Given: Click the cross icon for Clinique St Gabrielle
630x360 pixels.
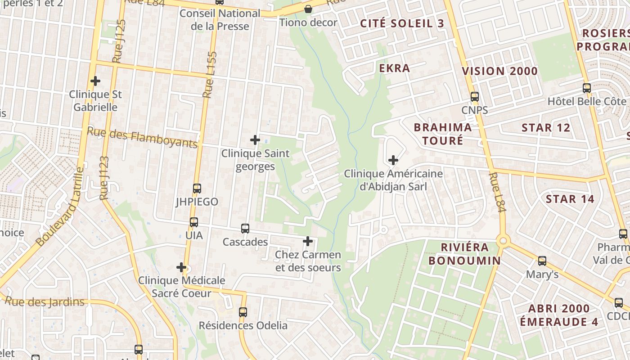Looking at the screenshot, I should [x=95, y=81].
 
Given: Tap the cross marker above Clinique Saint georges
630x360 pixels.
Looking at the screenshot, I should [x=255, y=140].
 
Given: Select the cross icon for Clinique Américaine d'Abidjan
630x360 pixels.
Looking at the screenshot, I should [x=393, y=160].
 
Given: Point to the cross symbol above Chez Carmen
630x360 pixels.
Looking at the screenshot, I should [x=308, y=241].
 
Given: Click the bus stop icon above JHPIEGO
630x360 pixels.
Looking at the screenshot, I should [x=197, y=188].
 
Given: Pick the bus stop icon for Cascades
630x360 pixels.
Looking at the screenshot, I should [x=245, y=228].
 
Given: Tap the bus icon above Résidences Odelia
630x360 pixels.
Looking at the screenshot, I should [x=243, y=312].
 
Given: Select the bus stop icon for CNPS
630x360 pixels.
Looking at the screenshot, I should [x=474, y=96].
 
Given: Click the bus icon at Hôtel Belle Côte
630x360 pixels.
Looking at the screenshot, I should [x=586, y=88].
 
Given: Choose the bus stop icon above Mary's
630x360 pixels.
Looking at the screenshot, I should [x=542, y=261].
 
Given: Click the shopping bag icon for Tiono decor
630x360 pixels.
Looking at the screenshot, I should [x=308, y=9].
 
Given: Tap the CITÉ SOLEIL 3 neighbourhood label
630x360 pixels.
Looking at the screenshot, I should [x=402, y=24].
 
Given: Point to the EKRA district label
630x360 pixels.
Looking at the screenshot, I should [x=394, y=68].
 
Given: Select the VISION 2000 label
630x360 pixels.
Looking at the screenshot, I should [x=499, y=71].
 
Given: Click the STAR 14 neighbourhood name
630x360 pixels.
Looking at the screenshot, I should [x=570, y=199].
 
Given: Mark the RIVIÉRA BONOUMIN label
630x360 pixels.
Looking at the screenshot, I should [x=464, y=254].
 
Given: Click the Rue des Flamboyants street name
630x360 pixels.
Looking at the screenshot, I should [x=142, y=137].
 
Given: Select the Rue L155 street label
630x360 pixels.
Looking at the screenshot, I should [x=209, y=74].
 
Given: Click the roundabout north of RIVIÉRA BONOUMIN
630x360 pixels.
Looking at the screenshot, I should [x=503, y=241].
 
